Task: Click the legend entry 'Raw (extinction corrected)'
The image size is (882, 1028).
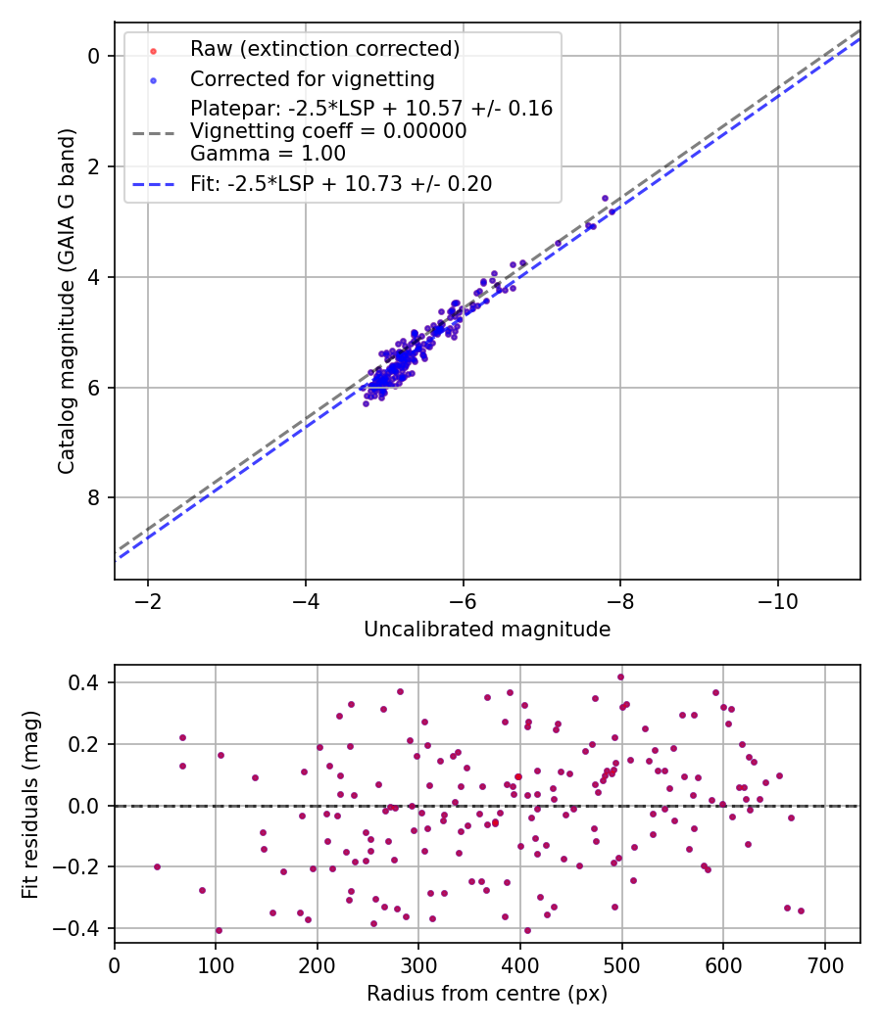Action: pos(324,48)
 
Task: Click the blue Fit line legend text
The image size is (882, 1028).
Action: pos(341,183)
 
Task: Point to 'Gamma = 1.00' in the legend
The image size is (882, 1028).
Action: pos(268,153)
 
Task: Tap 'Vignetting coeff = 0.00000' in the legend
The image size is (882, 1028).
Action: pos(328,131)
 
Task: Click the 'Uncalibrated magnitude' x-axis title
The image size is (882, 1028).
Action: pos(487,630)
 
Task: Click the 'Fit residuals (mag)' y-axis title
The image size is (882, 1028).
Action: pos(30,803)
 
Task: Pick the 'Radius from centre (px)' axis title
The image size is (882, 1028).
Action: pos(487,994)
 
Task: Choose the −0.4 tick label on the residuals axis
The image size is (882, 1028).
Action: pos(81,928)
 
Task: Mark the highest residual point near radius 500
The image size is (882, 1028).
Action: pos(620,677)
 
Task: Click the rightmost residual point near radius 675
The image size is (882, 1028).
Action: pos(801,911)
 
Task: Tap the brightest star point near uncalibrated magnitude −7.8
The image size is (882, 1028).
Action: pos(605,198)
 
